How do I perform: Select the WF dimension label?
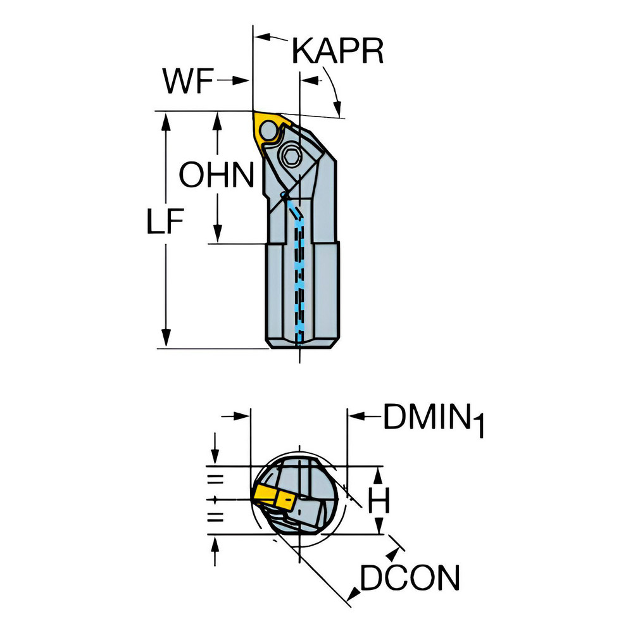pyautogui.click(x=187, y=82)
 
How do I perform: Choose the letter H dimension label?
pyautogui.click(x=379, y=501)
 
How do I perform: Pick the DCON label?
pyautogui.click(x=410, y=578)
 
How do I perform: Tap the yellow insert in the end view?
pyautogui.click(x=269, y=494)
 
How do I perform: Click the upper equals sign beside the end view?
pyautogui.click(x=216, y=478)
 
